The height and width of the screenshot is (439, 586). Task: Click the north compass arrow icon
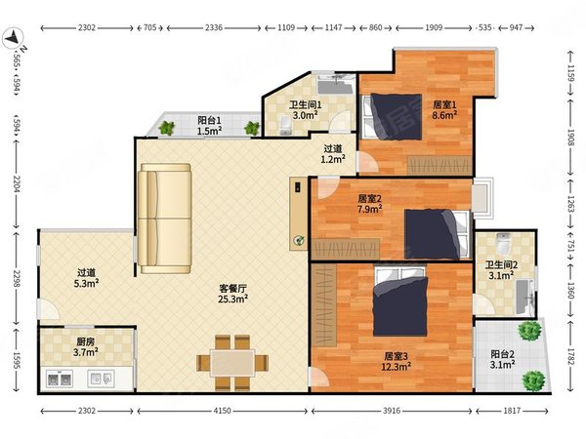click(13, 38)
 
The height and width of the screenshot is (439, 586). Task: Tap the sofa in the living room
click(165, 219)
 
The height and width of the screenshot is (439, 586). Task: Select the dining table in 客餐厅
click(232, 363)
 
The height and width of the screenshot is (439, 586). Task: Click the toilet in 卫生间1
click(285, 125)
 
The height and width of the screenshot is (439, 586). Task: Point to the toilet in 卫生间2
click(503, 243)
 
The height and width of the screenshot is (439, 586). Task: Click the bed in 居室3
click(400, 300)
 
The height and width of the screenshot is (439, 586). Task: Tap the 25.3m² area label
click(233, 299)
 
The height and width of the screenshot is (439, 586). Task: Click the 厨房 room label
click(86, 341)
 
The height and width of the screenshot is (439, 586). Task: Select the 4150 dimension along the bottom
click(222, 411)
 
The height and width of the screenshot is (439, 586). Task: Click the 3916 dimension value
click(392, 411)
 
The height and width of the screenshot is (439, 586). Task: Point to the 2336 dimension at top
click(214, 27)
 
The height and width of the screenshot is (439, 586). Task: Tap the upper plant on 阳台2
click(529, 330)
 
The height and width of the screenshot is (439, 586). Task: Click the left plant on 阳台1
click(166, 128)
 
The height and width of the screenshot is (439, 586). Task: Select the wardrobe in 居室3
click(324, 305)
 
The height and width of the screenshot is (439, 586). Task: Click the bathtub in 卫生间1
click(335, 84)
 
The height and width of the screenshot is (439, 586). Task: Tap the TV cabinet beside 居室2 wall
click(298, 213)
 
